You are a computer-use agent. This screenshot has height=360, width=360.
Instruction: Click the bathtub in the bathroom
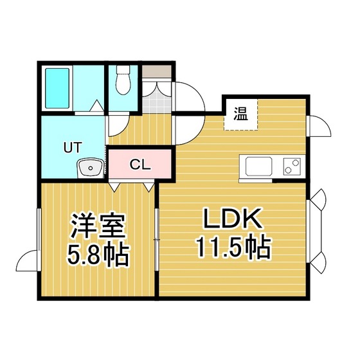point(57,89)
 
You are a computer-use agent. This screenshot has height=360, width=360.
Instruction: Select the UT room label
point(73,147)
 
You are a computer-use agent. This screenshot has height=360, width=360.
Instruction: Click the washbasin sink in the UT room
point(90,167)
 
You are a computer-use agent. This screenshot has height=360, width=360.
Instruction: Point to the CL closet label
point(140,164)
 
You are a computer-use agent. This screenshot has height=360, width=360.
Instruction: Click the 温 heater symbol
point(241,114)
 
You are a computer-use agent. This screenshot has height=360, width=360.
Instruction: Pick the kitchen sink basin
point(258,166)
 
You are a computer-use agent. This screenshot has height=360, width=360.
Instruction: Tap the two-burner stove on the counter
point(292,166)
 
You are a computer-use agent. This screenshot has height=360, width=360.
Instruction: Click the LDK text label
point(232,218)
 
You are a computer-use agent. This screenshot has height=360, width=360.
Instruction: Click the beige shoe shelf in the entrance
point(157,71)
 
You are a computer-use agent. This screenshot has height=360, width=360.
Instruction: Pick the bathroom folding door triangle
point(96,106)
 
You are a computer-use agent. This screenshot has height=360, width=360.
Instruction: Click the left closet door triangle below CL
point(114,187)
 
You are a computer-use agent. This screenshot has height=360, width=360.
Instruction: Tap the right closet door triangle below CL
point(148,187)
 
